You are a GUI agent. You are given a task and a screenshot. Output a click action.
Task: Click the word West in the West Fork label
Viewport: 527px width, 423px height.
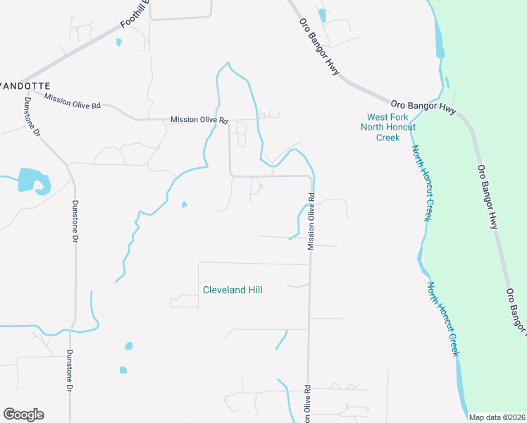point(378,117)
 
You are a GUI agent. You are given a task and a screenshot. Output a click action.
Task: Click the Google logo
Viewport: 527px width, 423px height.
point(23,415)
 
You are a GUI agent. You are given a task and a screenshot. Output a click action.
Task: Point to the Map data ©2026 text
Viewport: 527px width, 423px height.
point(497,417)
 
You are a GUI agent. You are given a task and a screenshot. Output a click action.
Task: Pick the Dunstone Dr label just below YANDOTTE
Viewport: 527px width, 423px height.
point(32,117)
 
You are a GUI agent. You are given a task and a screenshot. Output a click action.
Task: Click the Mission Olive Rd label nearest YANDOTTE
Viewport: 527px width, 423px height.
point(73,100)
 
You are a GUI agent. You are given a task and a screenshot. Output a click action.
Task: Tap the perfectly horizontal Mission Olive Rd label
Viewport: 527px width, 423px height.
point(199,121)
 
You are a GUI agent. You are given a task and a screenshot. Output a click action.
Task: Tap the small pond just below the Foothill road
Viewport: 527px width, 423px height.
point(118,42)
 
